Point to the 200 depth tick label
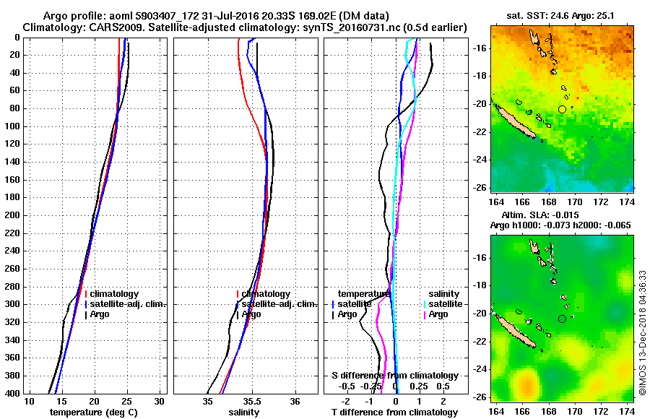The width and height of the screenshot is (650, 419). point(13,215)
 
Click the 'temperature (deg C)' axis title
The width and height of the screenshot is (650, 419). point(93,412)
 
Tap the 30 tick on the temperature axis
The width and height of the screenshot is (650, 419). point(160,401)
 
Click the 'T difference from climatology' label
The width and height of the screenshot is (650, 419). point(394,412)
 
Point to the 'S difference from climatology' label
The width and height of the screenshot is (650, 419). point(394,376)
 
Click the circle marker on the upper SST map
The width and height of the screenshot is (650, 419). point(562,109)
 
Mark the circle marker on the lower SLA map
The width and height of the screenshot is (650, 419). point(562,319)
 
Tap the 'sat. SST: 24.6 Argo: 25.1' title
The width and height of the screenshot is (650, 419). point(560,15)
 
